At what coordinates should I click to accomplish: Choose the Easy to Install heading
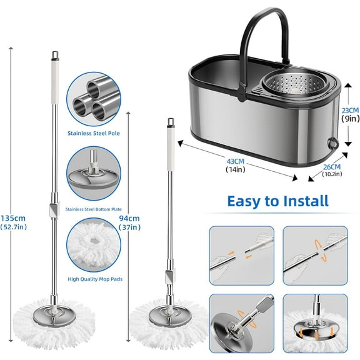pyautogui.click(x=278, y=201)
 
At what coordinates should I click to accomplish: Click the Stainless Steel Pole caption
pyautogui.click(x=94, y=133)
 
